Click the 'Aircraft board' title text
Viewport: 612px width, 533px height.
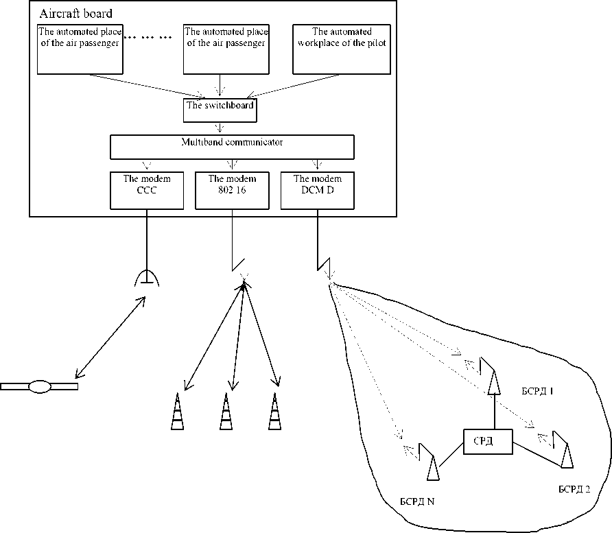point(75,14)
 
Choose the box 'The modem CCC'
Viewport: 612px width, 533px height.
point(146,189)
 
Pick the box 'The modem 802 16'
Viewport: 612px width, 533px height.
point(232,189)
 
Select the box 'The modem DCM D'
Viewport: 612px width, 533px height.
point(317,189)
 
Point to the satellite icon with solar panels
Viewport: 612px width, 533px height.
point(39,386)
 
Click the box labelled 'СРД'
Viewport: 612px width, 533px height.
point(488,442)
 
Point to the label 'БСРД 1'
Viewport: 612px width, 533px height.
point(538,391)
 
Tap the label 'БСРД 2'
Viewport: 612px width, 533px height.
point(574,489)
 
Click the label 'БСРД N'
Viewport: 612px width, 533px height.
point(416,501)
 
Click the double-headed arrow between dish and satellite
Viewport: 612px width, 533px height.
point(110,337)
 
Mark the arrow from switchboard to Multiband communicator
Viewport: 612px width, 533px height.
point(220,128)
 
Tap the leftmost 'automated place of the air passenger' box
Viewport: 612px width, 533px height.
point(80,49)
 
